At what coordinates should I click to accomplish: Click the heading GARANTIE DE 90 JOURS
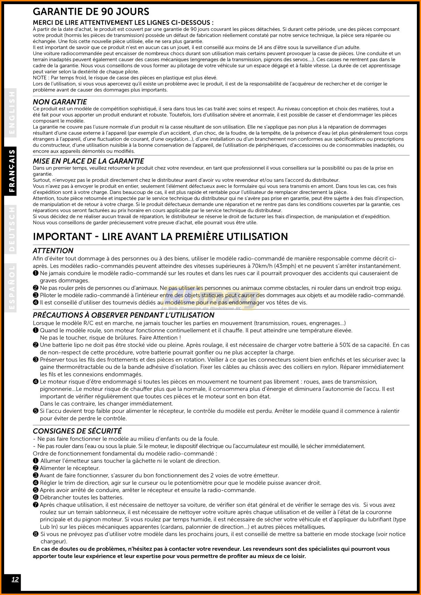point(91,12)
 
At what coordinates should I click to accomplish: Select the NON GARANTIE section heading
point(60,102)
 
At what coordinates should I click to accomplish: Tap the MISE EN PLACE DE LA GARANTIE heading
point(88,161)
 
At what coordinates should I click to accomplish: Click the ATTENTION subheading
point(53,251)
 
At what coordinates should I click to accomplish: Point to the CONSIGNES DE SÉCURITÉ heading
point(77,431)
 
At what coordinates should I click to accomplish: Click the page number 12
point(15,579)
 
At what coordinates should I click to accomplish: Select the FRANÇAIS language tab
point(12,170)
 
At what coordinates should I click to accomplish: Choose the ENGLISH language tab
point(12,112)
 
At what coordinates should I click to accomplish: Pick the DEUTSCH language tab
point(12,229)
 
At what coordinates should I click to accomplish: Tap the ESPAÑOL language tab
point(12,288)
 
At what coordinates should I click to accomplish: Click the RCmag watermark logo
point(210,300)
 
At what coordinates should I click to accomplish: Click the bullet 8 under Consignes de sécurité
point(35,534)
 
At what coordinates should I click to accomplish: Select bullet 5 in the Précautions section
point(35,411)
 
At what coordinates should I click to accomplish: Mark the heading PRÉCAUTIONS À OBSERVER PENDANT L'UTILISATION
point(123,315)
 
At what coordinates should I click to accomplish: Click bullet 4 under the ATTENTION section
point(35,303)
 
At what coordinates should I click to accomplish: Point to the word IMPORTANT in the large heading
point(62,236)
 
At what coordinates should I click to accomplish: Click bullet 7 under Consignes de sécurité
point(35,505)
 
